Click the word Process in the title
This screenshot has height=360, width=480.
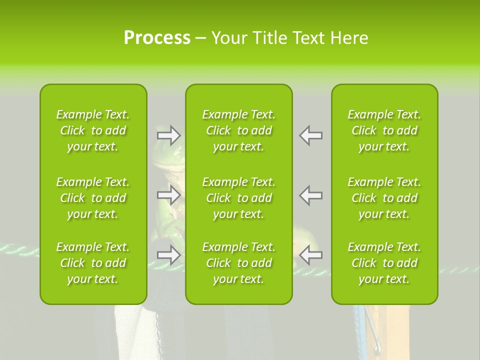(x=156, y=38)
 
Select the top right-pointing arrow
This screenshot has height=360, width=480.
(x=168, y=135)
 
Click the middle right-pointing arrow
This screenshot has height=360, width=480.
(x=168, y=195)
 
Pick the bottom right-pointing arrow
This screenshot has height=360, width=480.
(x=168, y=255)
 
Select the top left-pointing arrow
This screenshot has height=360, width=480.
(x=311, y=135)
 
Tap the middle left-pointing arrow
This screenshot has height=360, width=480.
(x=311, y=195)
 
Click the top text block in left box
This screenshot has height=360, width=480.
(x=93, y=130)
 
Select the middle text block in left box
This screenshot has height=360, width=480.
(x=93, y=198)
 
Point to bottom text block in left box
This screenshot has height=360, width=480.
(x=93, y=263)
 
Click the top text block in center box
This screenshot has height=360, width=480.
(x=238, y=130)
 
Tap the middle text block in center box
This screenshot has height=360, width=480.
(x=238, y=198)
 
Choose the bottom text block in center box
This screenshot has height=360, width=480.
(x=238, y=263)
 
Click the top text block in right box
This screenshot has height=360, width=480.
(x=384, y=130)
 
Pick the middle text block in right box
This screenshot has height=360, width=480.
(x=384, y=198)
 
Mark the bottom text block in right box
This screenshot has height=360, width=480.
(x=384, y=263)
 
